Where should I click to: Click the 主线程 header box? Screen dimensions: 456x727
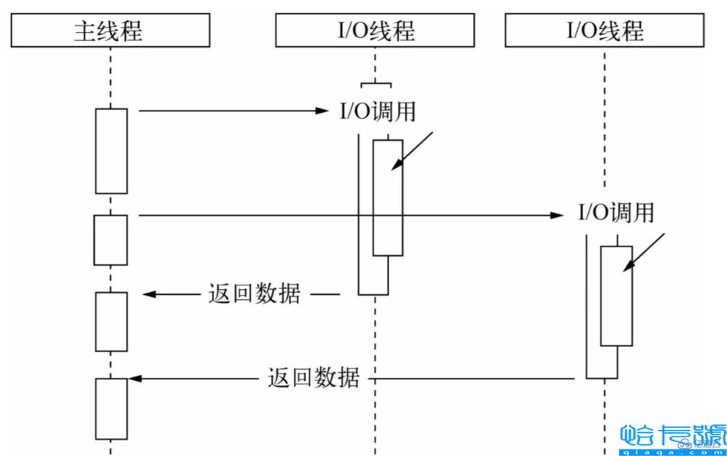111,30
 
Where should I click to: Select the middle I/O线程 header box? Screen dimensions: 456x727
375,30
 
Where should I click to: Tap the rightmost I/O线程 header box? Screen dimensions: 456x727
604,30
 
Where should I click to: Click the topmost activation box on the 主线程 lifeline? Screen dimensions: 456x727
111,150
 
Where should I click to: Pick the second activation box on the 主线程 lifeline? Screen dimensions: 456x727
111,240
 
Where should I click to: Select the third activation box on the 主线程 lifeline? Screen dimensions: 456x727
111,322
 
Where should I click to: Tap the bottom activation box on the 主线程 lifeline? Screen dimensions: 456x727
111,408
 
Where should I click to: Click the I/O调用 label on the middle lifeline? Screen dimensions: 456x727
378,112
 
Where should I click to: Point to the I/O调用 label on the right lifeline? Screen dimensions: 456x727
616,213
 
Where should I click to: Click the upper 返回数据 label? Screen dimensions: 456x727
253,294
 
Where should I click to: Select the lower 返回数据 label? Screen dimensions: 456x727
313,378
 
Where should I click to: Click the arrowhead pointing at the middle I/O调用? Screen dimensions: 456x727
323,111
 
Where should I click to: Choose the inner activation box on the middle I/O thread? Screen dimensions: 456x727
388,197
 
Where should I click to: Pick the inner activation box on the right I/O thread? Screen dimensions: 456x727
616,296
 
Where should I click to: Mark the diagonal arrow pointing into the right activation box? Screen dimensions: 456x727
645,252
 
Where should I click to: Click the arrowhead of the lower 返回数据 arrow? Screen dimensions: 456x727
135,378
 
